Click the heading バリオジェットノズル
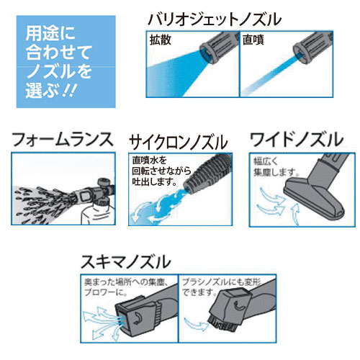click(215, 19)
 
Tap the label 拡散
click(161, 40)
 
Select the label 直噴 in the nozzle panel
click(253, 40)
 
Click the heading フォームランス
click(62, 140)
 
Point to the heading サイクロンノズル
click(179, 142)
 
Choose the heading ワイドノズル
click(297, 140)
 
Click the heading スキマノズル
click(126, 262)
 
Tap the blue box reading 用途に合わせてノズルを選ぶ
click(66, 62)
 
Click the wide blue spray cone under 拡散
click(175, 72)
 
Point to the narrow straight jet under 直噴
click(270, 74)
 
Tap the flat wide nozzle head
click(315, 200)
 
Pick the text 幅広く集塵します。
click(276, 167)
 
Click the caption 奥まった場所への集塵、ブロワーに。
click(125, 287)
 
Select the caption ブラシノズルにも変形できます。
click(221, 287)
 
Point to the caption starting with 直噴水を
click(161, 171)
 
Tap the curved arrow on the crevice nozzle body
click(139, 318)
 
